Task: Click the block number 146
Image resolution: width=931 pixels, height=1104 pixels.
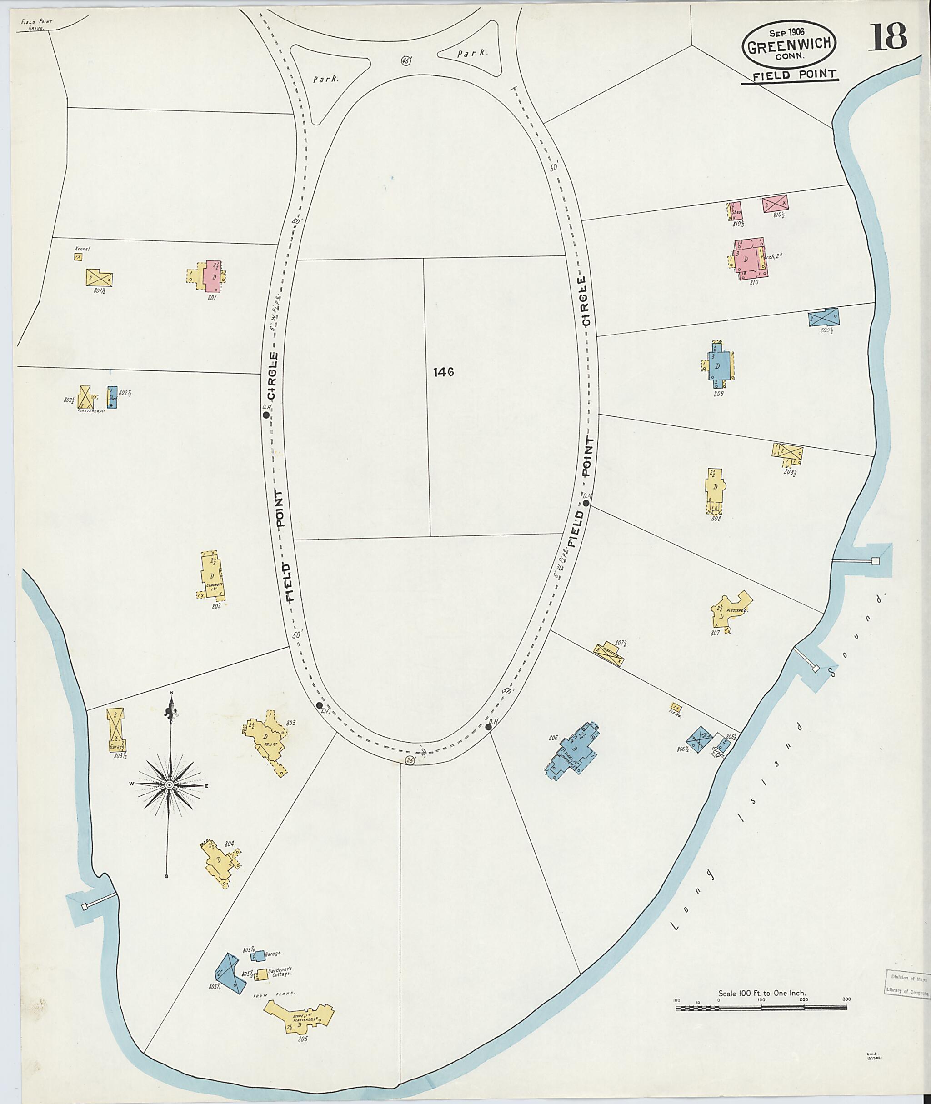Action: pyautogui.click(x=443, y=373)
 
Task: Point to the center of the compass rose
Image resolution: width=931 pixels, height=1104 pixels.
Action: pyautogui.click(x=170, y=786)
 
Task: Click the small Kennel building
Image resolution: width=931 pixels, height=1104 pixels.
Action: pyautogui.click(x=78, y=256)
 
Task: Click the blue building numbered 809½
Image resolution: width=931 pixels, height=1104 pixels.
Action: pyautogui.click(x=823, y=317)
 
